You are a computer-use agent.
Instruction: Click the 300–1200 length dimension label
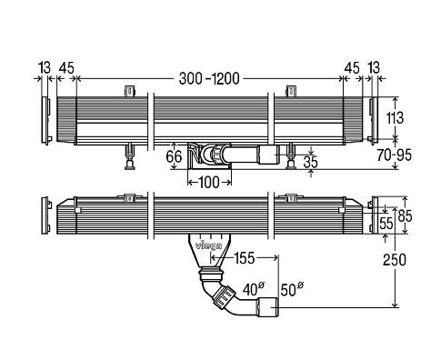pyautogui.click(x=209, y=79)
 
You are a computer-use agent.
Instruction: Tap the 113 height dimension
pyautogui.click(x=395, y=117)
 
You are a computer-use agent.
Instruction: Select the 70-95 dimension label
pyautogui.click(x=395, y=155)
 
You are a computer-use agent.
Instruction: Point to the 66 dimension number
pyautogui.click(x=174, y=156)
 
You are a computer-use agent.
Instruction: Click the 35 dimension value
pyautogui.click(x=311, y=162)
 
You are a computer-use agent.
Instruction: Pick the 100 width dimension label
pyautogui.click(x=209, y=183)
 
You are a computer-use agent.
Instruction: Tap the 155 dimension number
pyautogui.click(x=245, y=258)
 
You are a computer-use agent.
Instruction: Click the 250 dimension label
pyautogui.click(x=394, y=260)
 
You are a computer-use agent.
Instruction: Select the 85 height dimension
pyautogui.click(x=406, y=216)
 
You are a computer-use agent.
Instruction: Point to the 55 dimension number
pyautogui.click(x=386, y=224)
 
